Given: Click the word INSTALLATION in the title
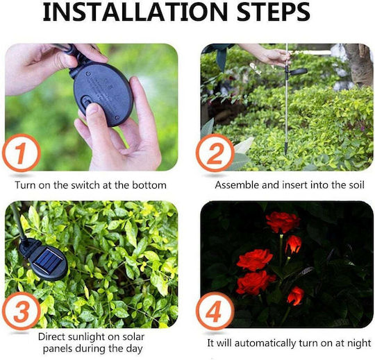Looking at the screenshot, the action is coord(135,12).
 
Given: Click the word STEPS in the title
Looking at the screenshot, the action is coord(274,12).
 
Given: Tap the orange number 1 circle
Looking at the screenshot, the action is coord(22,153).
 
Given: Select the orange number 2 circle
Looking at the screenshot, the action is coord(215,153).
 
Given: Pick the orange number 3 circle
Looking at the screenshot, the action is coord(22,311).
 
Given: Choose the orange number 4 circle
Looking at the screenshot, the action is coord(215,311).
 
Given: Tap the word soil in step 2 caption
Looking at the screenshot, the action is coord(356,185).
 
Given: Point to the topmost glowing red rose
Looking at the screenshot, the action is coord(283,222).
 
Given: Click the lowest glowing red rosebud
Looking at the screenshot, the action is coord(295,295).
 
